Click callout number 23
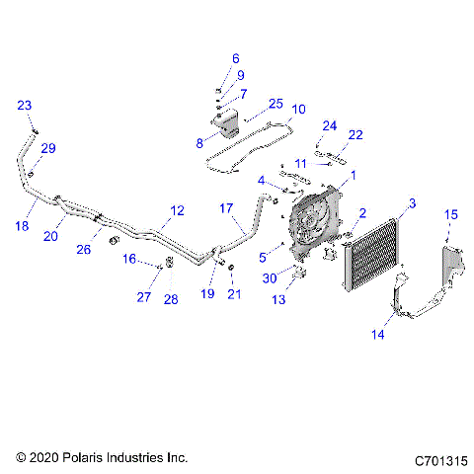pos(25,105)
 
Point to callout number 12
pos(177,210)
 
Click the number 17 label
pos(226,208)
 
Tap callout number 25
pos(276,104)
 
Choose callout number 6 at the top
pos(236,58)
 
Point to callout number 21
pos(234,293)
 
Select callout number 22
pos(355,134)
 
